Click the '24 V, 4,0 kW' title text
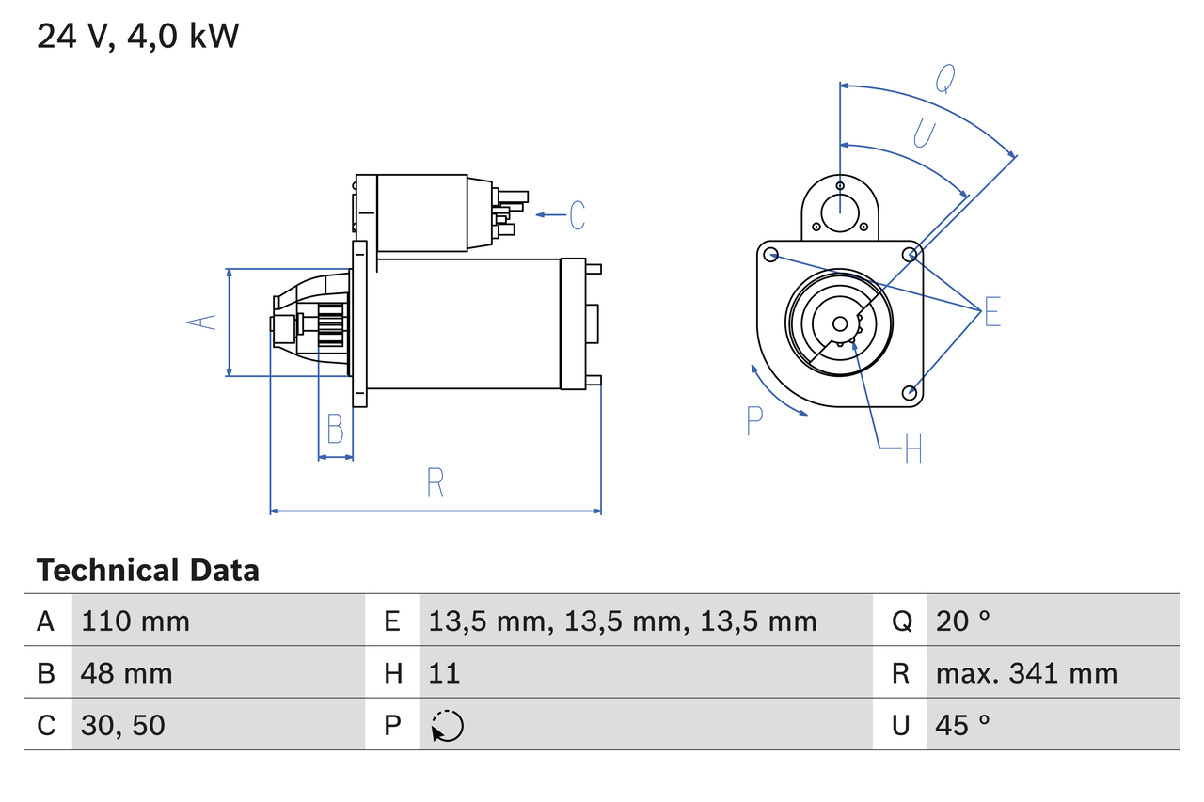[138, 37]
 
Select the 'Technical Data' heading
[148, 570]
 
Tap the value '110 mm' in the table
[135, 621]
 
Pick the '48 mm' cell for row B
[127, 673]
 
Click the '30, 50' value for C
[123, 725]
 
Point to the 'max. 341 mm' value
[1026, 673]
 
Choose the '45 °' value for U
[962, 725]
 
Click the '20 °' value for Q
[962, 621]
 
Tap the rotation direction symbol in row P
[448, 726]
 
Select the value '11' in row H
[444, 673]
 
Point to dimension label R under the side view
[435, 482]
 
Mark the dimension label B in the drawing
[335, 429]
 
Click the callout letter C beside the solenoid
[577, 215]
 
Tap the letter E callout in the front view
[992, 311]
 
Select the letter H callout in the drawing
[912, 449]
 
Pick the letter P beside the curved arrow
[754, 421]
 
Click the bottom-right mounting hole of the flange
[909, 392]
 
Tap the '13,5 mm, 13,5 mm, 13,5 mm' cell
[623, 621]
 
